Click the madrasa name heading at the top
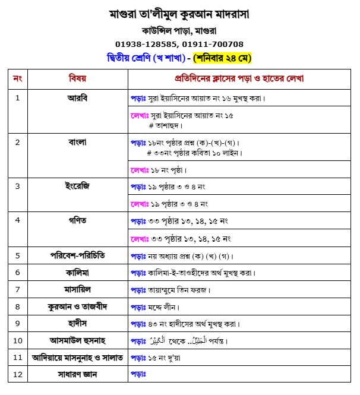(179, 13)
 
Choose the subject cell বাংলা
(77, 142)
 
